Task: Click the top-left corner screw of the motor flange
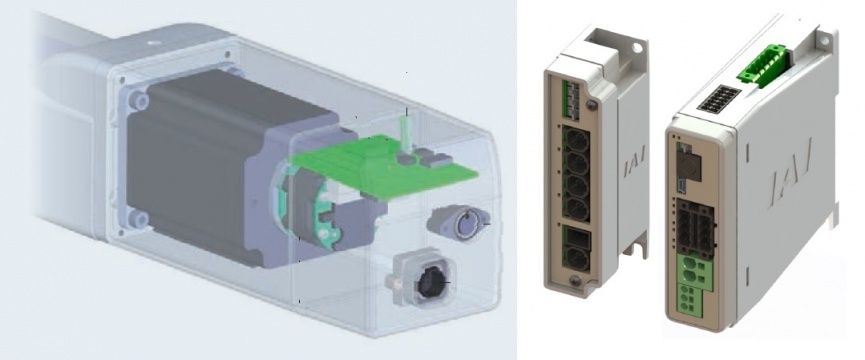[x=139, y=100]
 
